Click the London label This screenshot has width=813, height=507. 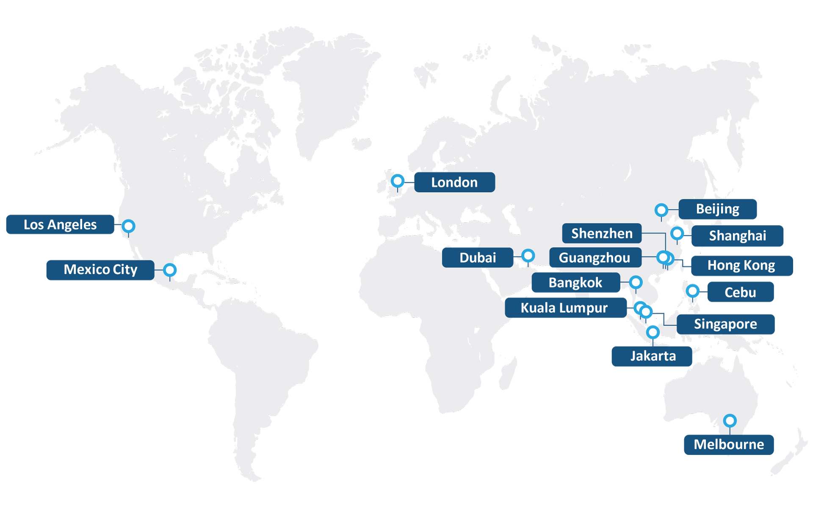point(454,182)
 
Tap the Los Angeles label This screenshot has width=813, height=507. point(60,224)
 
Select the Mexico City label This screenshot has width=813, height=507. point(100,270)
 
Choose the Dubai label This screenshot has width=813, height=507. point(477,257)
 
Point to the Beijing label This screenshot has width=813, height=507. point(717,209)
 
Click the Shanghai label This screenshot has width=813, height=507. point(737,236)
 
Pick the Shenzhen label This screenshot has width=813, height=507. point(601,233)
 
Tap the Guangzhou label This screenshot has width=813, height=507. point(595,257)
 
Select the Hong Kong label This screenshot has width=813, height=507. point(741,265)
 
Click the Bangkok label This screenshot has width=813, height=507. point(575,282)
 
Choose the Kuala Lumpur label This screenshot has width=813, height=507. point(564,308)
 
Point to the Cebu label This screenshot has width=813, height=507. point(740,292)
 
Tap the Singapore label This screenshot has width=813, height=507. point(725,324)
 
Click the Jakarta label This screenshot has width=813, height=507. point(652,356)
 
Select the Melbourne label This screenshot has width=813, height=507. point(728,444)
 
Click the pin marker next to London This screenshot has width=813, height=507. point(398,181)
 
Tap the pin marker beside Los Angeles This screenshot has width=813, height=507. point(128,226)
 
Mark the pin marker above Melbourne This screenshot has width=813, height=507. point(730,420)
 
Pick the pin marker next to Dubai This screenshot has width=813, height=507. point(528,255)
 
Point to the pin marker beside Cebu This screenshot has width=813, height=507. point(692,291)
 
